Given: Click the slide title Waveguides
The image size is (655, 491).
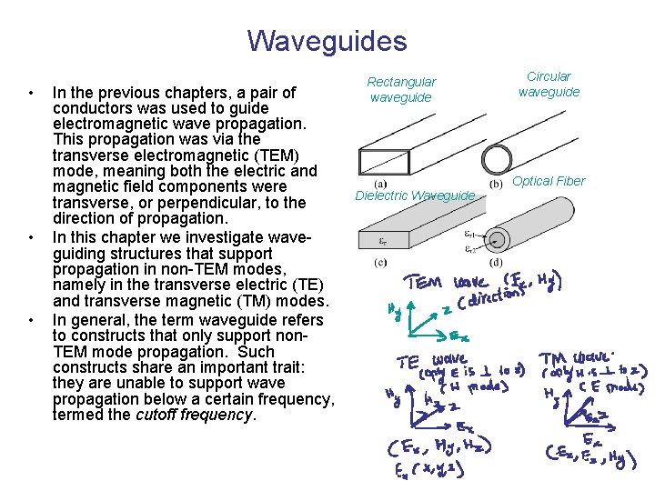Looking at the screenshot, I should click(x=327, y=41).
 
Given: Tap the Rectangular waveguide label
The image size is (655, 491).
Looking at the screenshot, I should click(x=401, y=89).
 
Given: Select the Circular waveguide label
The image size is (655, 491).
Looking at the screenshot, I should click(x=549, y=84).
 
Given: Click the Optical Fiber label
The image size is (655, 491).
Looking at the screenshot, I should click(x=549, y=181).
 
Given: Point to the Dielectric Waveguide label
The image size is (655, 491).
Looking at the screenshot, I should click(x=415, y=195).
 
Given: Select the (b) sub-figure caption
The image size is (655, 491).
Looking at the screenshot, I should click(x=497, y=183).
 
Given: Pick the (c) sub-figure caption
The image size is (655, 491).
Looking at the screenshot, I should click(x=380, y=263).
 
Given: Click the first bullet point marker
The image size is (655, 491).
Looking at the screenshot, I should click(x=32, y=93).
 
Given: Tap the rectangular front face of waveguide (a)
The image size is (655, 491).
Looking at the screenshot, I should click(x=378, y=162).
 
